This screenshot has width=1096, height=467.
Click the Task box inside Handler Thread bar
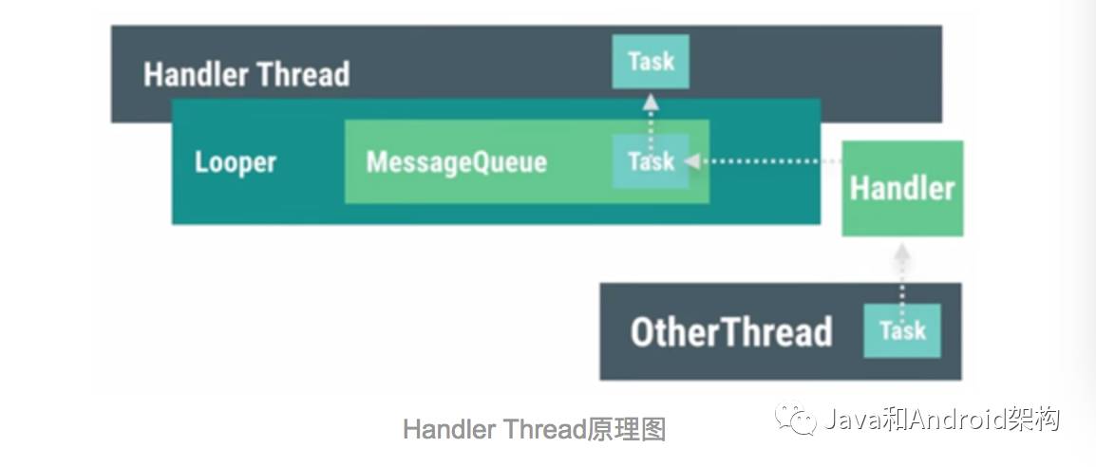tap(651, 62)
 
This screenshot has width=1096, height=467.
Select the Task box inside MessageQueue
tap(651, 161)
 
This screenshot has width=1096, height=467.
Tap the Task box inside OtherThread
tap(901, 330)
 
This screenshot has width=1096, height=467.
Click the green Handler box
tap(902, 188)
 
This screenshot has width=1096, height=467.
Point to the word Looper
tap(235, 161)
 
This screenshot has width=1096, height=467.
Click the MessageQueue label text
tap(456, 161)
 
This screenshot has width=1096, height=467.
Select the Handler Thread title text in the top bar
tap(246, 74)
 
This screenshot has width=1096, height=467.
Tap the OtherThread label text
tap(730, 332)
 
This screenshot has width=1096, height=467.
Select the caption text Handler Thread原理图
tap(534, 430)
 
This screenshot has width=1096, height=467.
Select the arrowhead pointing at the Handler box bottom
tap(902, 252)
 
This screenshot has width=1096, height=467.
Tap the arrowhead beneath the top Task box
tap(651, 99)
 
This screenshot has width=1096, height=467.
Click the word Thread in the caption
tap(544, 430)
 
